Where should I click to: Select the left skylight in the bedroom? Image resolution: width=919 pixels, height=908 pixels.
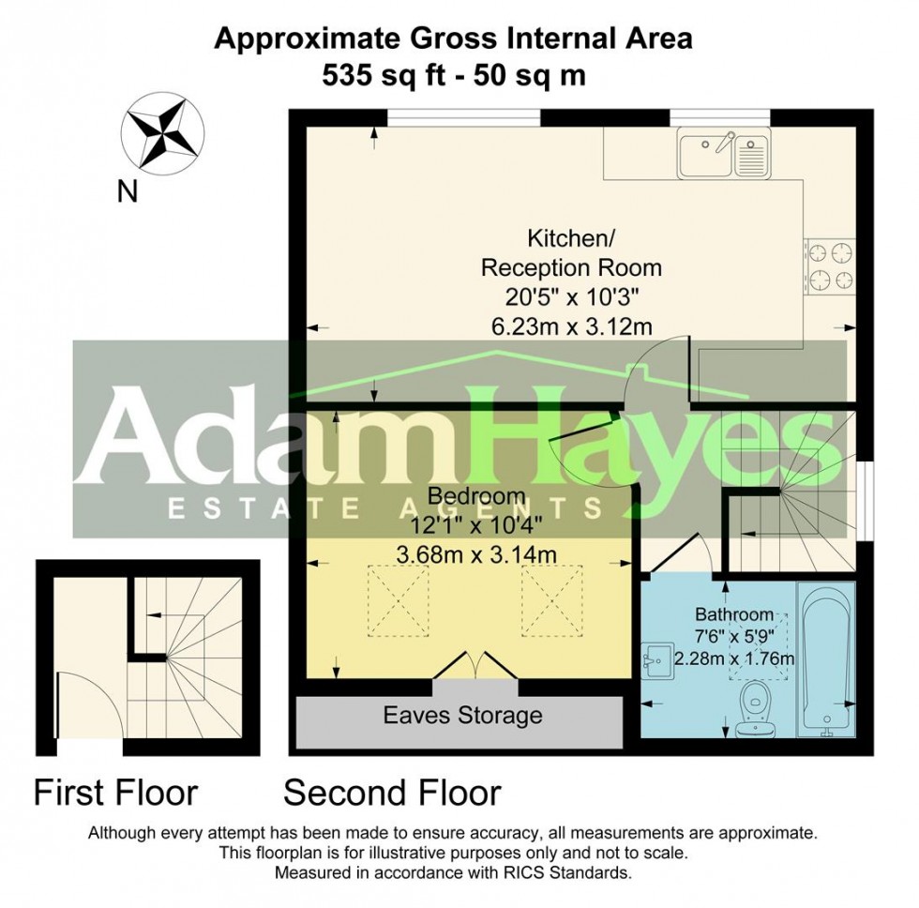pyautogui.click(x=393, y=599)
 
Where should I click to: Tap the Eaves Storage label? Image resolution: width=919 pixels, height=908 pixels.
pyautogui.click(x=462, y=717)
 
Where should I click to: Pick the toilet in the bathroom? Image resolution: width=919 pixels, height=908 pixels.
pyautogui.click(x=755, y=708)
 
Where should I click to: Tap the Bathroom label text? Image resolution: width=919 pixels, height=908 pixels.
pyautogui.click(x=733, y=615)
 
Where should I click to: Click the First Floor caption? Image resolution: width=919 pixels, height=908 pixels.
pyautogui.click(x=115, y=793)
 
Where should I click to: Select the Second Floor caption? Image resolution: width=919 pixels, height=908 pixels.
pyautogui.click(x=392, y=793)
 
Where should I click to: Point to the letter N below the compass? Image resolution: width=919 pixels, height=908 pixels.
pyautogui.click(x=127, y=192)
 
